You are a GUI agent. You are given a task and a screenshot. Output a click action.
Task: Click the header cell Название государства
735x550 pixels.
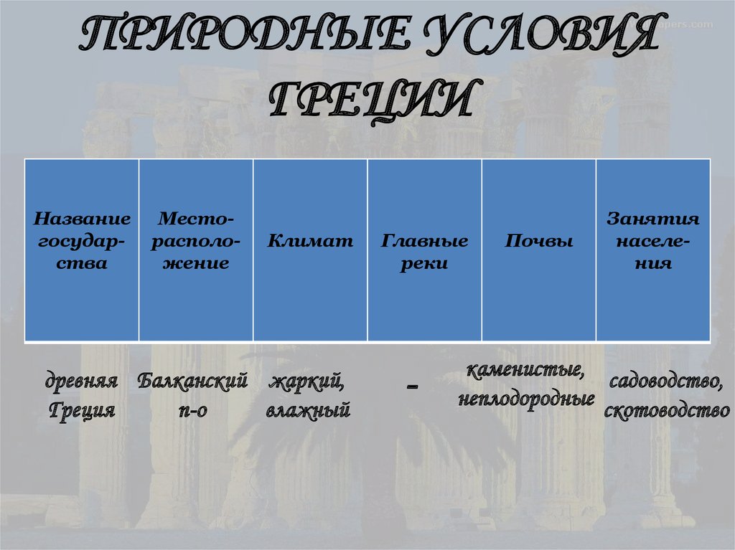click(83, 241)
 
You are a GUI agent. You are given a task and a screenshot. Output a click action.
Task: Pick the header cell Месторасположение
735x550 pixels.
click(196, 241)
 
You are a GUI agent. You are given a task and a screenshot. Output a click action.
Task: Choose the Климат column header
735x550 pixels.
click(310, 242)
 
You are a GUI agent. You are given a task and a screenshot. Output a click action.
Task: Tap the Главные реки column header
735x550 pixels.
click(424, 252)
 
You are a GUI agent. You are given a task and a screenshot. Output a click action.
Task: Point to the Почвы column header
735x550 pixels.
click(538, 242)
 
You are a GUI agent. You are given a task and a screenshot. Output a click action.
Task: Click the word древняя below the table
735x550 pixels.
click(82, 380)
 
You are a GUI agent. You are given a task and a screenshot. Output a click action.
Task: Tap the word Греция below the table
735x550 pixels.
click(82, 411)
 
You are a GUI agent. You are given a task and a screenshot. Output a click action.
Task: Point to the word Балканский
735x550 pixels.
click(193, 380)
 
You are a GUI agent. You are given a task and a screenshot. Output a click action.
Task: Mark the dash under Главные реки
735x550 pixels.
click(412, 387)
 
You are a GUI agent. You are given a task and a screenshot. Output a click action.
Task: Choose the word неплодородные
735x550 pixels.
click(526, 399)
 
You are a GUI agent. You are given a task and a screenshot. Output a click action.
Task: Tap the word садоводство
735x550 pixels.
click(666, 381)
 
